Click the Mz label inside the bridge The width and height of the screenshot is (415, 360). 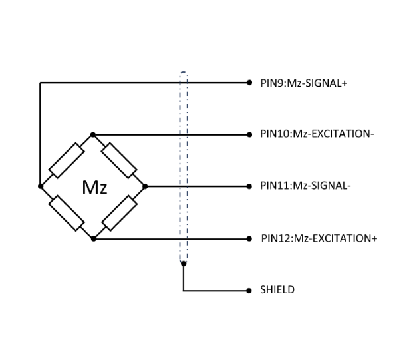pyautogui.click(x=94, y=188)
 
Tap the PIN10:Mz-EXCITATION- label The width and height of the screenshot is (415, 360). pyautogui.click(x=317, y=134)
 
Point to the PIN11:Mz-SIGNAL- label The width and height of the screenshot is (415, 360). pyautogui.click(x=305, y=186)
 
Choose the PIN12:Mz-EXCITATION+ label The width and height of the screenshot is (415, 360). pyautogui.click(x=319, y=238)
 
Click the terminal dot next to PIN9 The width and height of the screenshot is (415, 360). pyautogui.click(x=248, y=83)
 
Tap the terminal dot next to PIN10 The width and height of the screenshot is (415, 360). pyautogui.click(x=248, y=134)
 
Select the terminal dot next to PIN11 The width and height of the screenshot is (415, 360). pyautogui.click(x=248, y=186)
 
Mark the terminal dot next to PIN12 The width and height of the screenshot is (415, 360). pyautogui.click(x=248, y=238)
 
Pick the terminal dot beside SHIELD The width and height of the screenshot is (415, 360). pyautogui.click(x=248, y=291)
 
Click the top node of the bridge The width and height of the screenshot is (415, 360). pyautogui.click(x=93, y=134)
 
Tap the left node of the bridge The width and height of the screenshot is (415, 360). pyautogui.click(x=41, y=186)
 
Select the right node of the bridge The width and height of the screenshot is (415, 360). pyautogui.click(x=145, y=186)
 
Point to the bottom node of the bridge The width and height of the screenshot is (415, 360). pyautogui.click(x=93, y=238)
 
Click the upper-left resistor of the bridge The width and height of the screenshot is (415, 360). pyautogui.click(x=67, y=160)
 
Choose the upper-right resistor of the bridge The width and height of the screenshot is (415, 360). pyautogui.click(x=120, y=160)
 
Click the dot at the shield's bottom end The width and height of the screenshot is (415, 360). pyautogui.click(x=183, y=264)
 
